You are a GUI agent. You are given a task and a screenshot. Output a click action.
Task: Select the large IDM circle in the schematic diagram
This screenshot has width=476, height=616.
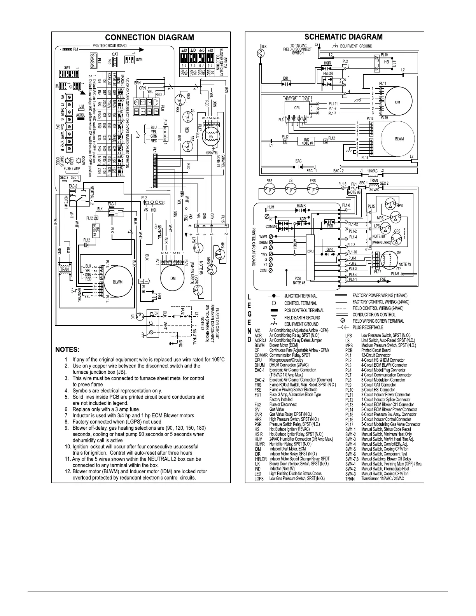[397, 102]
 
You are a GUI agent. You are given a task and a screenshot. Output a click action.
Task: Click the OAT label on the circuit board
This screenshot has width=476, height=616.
[115, 54]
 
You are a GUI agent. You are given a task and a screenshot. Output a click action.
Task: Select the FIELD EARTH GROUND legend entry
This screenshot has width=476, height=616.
[302, 317]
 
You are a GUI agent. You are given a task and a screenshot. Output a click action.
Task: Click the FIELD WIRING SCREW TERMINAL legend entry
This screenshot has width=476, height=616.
[372, 321]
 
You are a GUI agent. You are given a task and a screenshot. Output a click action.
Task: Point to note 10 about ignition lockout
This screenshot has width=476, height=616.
[132, 450]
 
